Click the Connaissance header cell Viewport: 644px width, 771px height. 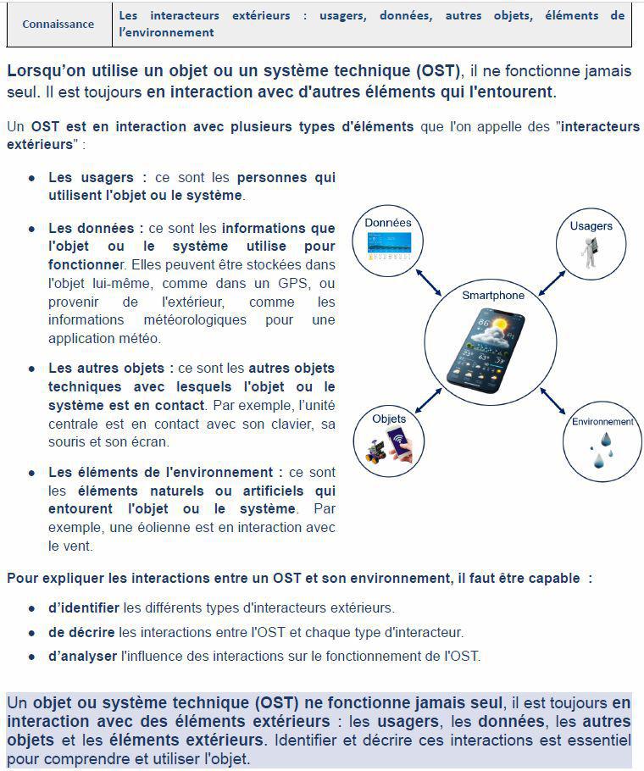tap(58, 25)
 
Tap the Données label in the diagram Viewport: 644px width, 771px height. tap(388, 223)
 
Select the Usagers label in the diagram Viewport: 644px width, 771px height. tap(591, 226)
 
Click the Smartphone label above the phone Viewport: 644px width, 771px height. tap(493, 295)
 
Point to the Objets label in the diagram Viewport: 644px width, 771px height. tap(389, 419)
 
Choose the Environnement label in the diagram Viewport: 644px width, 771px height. tap(602, 422)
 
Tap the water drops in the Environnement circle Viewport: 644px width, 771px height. tap(602, 450)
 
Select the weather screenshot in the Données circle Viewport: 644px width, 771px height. tap(388, 246)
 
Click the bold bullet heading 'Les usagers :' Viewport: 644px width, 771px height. tap(97, 178)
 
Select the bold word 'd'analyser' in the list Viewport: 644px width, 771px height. tap(83, 656)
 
